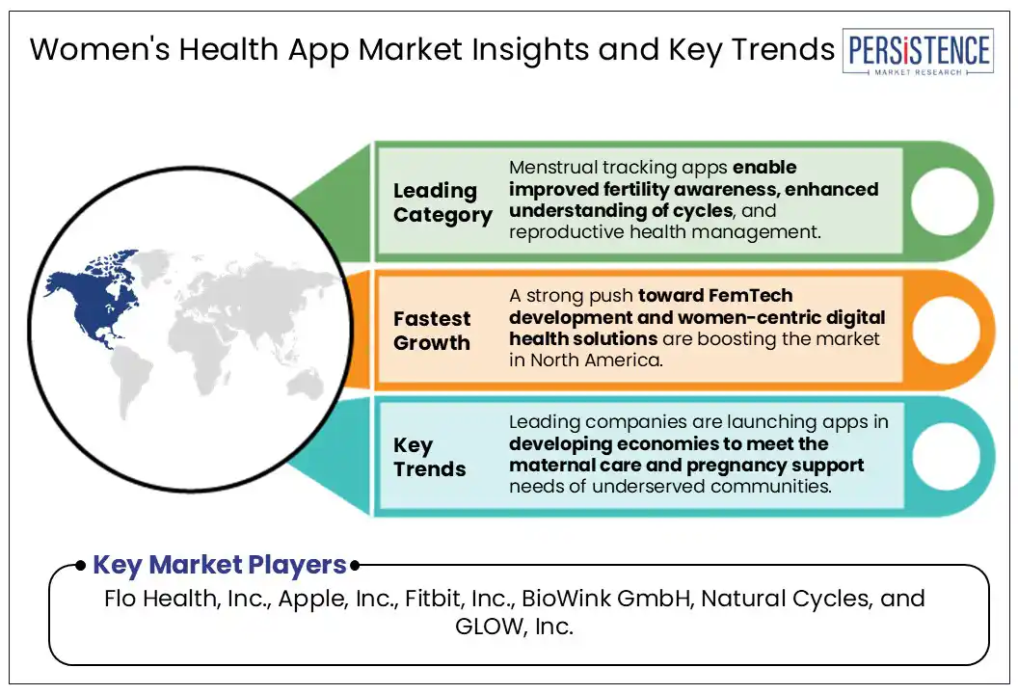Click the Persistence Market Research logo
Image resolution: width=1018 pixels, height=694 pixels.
(x=918, y=51)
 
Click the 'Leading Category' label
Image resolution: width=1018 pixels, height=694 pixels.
(x=442, y=202)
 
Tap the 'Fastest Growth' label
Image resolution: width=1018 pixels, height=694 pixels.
(x=432, y=331)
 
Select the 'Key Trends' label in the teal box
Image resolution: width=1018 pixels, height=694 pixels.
(x=429, y=456)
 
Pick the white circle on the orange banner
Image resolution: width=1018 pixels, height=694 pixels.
(x=946, y=330)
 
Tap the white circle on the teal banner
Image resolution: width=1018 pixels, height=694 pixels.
(x=946, y=456)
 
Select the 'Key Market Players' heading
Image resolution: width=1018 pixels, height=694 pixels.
(x=220, y=565)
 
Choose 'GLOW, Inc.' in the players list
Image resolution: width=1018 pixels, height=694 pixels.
(x=514, y=627)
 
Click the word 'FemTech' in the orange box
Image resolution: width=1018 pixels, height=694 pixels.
(x=751, y=295)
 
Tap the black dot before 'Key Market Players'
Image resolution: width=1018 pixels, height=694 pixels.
(x=80, y=566)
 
